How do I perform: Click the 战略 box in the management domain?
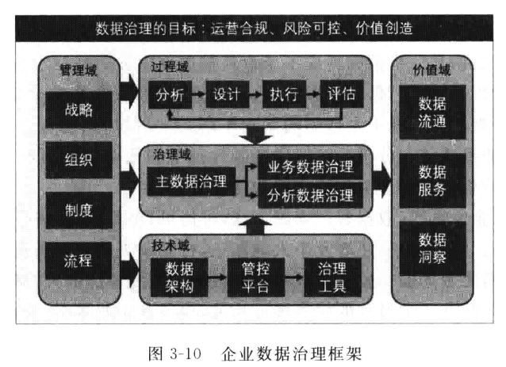pyautogui.click(x=79, y=109)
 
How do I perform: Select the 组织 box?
pyautogui.click(x=79, y=160)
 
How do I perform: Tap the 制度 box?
pyautogui.click(x=79, y=210)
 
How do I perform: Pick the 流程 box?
pyautogui.click(x=79, y=261)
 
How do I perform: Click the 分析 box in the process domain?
pyautogui.click(x=170, y=95)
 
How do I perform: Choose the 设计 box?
pyautogui.click(x=227, y=94)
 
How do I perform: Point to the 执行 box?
pyautogui.click(x=284, y=94)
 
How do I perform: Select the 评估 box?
pyautogui.click(x=341, y=94)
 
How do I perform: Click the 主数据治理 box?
pyautogui.click(x=191, y=182)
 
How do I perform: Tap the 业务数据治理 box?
pyautogui.click(x=310, y=167)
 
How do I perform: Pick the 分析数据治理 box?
pyautogui.click(x=310, y=195)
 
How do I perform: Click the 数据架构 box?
pyautogui.click(x=179, y=277)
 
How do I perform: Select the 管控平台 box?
pyautogui.click(x=255, y=277)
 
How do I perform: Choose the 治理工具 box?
pyautogui.click(x=332, y=277)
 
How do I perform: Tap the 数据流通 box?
pyautogui.click(x=432, y=113)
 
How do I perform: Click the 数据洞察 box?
pyautogui.click(x=432, y=248)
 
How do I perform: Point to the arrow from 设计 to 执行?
pyautogui.click(x=255, y=94)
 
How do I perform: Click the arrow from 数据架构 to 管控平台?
pyautogui.click(x=217, y=277)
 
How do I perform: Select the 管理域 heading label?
pyautogui.click(x=79, y=71)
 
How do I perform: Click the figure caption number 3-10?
pyautogui.click(x=186, y=354)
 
